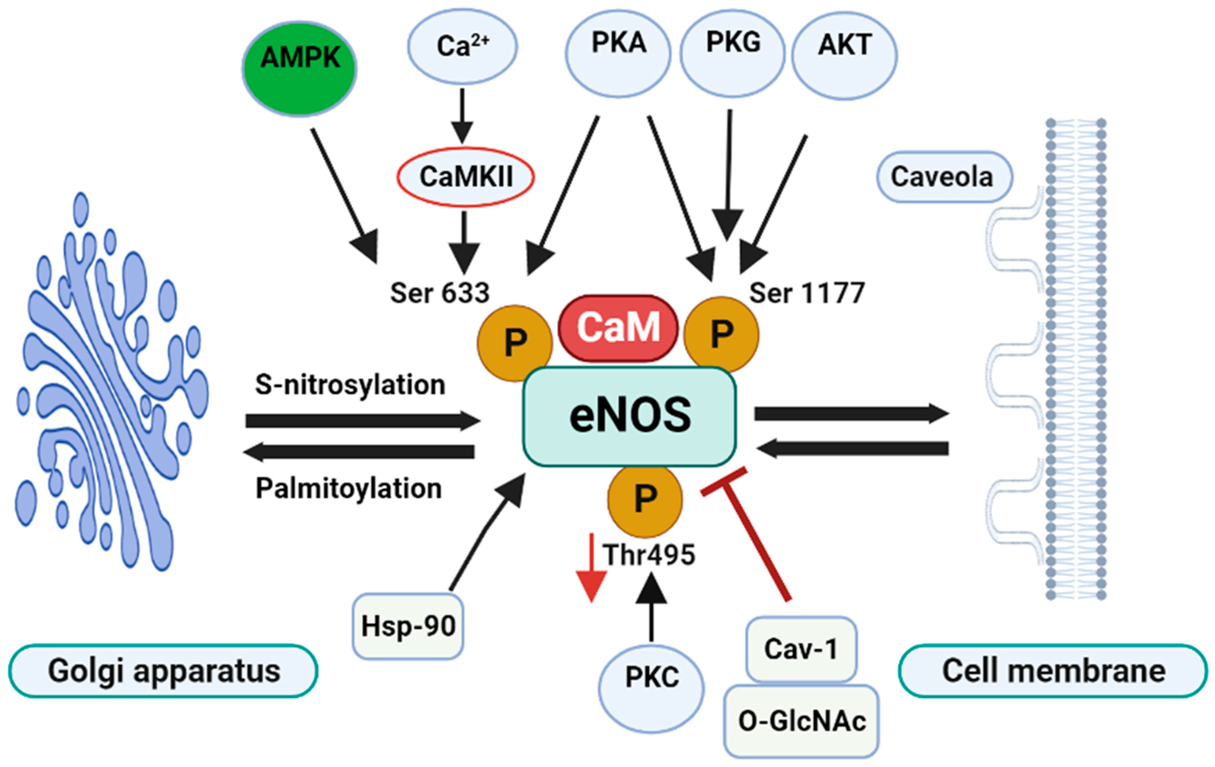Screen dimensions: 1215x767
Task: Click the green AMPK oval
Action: click(x=300, y=69)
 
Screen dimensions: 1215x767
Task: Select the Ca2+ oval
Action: click(x=462, y=47)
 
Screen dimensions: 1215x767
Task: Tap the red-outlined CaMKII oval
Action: click(x=465, y=177)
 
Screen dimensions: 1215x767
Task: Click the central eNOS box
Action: click(x=630, y=416)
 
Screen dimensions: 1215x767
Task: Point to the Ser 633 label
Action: click(x=440, y=293)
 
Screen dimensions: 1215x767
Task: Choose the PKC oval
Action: click(x=652, y=688)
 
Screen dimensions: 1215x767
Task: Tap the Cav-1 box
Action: click(x=801, y=649)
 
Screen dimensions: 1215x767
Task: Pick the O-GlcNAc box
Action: click(x=801, y=720)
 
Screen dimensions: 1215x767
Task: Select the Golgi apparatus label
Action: click(x=163, y=671)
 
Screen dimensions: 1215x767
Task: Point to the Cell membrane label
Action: click(x=1054, y=671)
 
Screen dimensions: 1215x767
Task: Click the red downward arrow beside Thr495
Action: click(x=591, y=568)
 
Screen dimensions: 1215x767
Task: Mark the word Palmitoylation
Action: click(x=349, y=488)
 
